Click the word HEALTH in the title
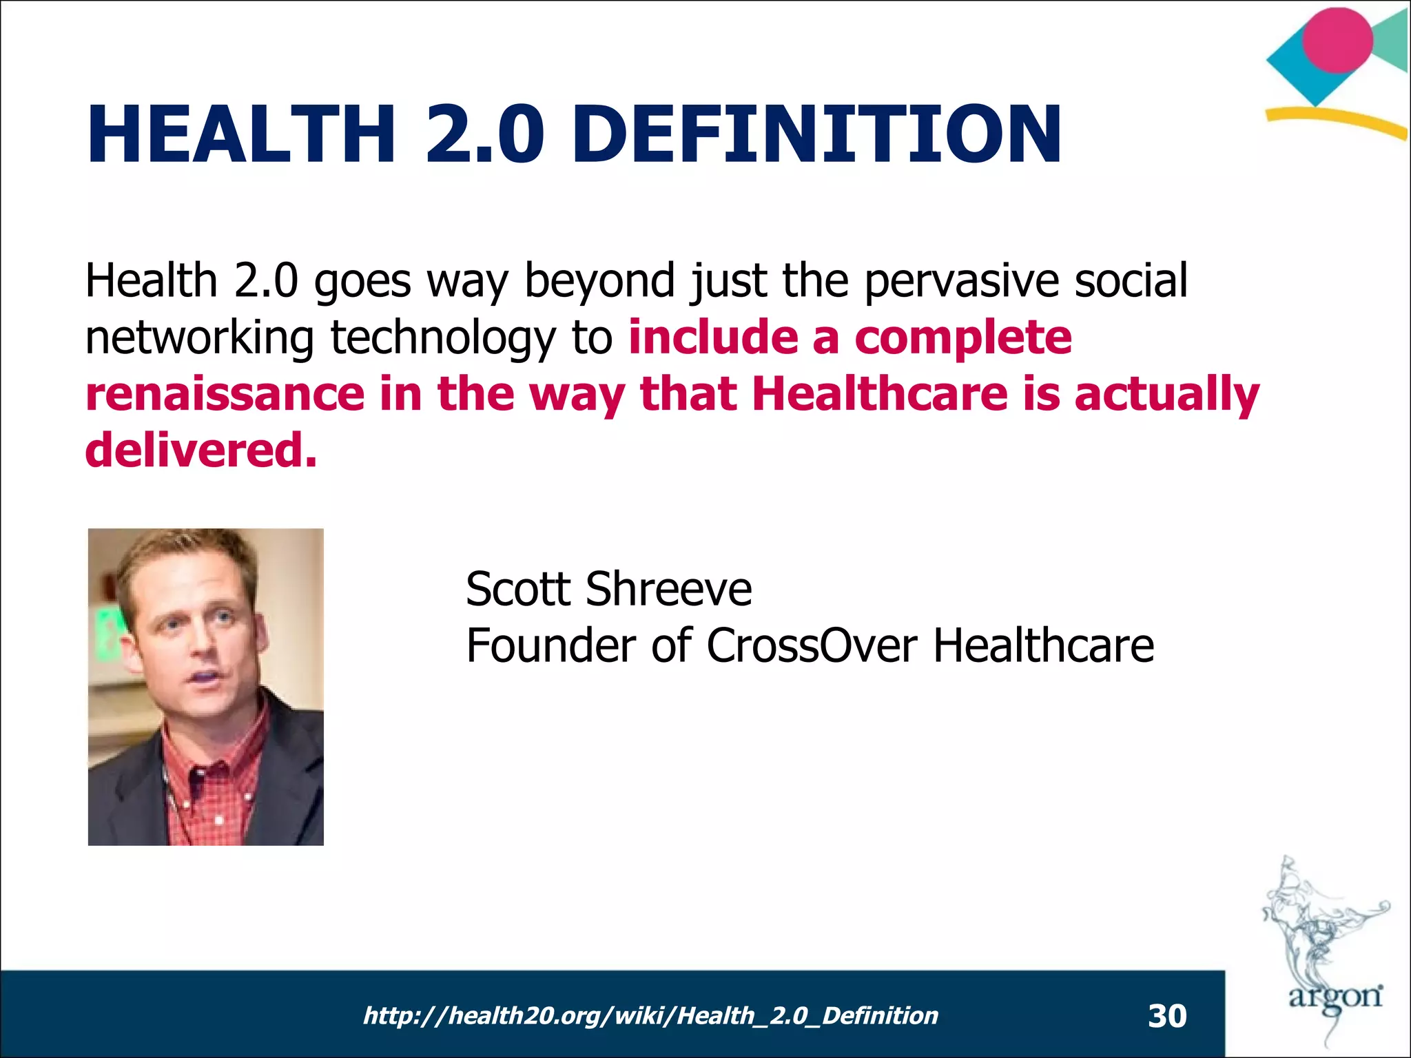pyautogui.click(x=241, y=134)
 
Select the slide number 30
pyautogui.click(x=1167, y=1016)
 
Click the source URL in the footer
pyautogui.click(x=650, y=1015)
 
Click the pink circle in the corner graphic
pyautogui.click(x=1337, y=40)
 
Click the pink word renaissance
pyautogui.click(x=224, y=394)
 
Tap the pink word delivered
pyautogui.click(x=200, y=450)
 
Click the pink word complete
pyautogui.click(x=962, y=338)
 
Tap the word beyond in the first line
pyautogui.click(x=599, y=281)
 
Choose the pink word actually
pyautogui.click(x=1166, y=394)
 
